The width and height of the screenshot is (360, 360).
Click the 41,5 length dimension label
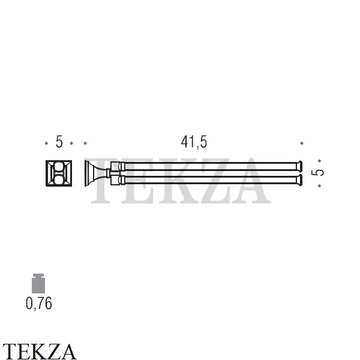pyautogui.click(x=194, y=142)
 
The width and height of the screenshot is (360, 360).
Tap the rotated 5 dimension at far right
pyautogui.click(x=317, y=172)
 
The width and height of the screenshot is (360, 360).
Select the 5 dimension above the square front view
pyautogui.click(x=59, y=142)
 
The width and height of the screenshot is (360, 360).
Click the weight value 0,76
pyautogui.click(x=39, y=304)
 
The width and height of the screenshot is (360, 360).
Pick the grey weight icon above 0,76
pyautogui.click(x=38, y=284)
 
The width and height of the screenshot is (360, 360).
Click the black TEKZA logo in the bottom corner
pyautogui.click(x=39, y=351)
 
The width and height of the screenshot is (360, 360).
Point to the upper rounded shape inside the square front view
pyautogui.click(x=59, y=167)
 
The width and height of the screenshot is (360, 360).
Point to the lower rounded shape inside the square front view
pyautogui.click(x=59, y=179)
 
